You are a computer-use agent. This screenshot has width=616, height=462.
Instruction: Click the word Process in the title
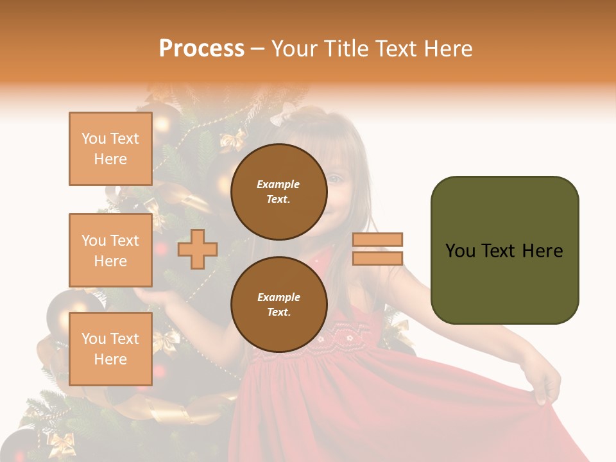coord(201,49)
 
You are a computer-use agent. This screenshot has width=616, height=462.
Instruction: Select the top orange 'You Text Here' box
coord(110,149)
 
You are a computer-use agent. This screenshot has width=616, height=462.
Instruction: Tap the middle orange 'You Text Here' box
coord(110,250)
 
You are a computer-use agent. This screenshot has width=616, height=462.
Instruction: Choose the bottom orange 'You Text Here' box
coord(110,349)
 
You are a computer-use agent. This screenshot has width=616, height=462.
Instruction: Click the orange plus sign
coord(198,249)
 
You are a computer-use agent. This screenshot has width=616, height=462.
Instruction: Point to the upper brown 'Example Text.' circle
coord(278,192)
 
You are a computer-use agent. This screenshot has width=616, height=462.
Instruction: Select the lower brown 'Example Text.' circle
coord(278,305)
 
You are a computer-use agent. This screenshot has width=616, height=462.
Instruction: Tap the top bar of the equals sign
coord(377,240)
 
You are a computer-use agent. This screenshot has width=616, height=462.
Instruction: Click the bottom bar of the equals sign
coord(377,258)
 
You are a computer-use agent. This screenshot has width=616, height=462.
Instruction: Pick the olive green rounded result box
coord(504,250)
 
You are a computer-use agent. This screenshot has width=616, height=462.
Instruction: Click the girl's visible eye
coord(335,179)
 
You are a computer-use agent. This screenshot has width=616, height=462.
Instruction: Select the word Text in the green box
coord(504,251)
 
